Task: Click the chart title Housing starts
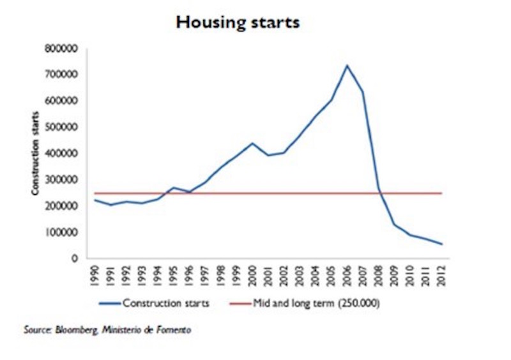coord(238,22)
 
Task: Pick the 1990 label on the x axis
coord(95,274)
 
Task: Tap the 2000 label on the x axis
coord(252,274)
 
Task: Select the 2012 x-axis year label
coord(441,274)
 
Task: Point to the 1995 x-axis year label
coord(173,274)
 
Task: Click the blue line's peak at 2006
coord(347,65)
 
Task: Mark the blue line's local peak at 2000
coord(252,143)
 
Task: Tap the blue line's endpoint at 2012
coord(441,244)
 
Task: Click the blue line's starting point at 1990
coord(95,200)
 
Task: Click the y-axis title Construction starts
coord(36,154)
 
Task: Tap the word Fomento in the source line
coord(175,330)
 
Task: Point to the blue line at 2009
coord(394,224)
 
